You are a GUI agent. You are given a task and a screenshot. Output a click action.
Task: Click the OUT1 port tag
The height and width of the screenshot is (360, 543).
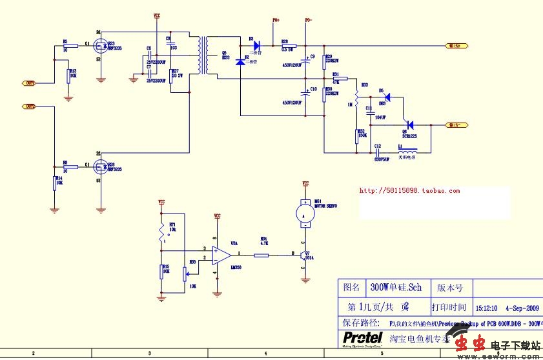[x=30, y=83]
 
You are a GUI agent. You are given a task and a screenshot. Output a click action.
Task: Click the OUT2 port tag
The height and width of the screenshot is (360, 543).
[x=30, y=106]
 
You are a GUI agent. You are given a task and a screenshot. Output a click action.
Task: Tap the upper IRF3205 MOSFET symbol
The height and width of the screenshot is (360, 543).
[x=100, y=46]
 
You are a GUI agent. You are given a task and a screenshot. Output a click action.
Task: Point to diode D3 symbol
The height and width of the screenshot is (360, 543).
[x=256, y=46]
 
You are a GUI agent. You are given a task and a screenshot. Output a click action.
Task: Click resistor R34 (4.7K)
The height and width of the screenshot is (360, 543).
[x=261, y=255]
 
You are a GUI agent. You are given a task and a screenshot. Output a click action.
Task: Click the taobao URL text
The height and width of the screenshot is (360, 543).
[x=409, y=191]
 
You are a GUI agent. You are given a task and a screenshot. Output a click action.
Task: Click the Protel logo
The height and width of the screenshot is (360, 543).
[x=362, y=338]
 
